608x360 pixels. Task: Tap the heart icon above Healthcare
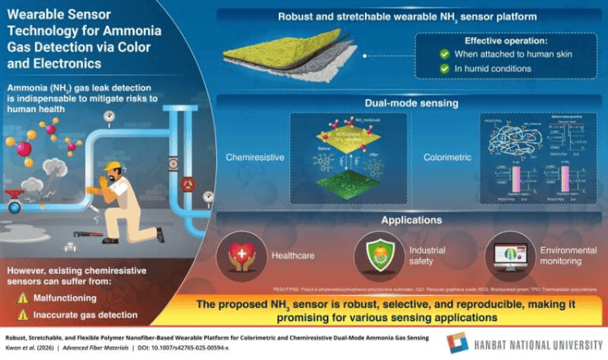243,252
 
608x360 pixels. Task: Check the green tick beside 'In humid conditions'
445,68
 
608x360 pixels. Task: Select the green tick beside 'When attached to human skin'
445,53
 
